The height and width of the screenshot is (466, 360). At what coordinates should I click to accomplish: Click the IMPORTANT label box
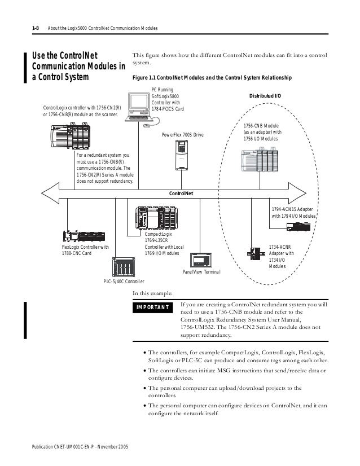coord(153,307)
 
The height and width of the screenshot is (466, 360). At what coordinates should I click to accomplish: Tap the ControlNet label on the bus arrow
coord(181,193)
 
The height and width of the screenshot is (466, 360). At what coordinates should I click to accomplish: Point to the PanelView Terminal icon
coord(202,260)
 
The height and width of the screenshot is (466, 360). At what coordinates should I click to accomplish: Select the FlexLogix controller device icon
coord(80,237)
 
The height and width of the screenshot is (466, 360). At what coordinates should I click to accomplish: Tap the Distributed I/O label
coord(265,95)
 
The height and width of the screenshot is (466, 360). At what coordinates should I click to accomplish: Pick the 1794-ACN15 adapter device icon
coord(300,226)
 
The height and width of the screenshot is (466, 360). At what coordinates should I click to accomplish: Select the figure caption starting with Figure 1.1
coord(212,77)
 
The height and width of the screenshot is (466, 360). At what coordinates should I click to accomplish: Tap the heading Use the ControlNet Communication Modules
coord(78,66)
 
